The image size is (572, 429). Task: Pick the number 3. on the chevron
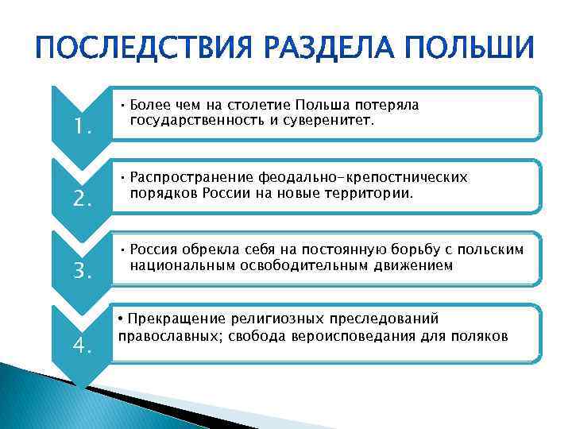click(83, 272)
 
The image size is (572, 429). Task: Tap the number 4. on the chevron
click(83, 345)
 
